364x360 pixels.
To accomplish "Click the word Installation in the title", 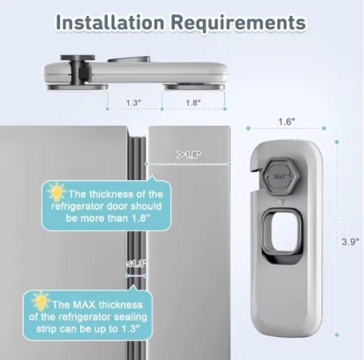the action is coord(110,22).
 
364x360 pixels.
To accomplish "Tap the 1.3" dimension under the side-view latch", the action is coord(133,102).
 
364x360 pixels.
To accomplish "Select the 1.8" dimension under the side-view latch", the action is coord(193,102).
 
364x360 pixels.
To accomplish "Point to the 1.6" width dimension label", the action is coord(287,121).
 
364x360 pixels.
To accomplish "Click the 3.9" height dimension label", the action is coord(350,242).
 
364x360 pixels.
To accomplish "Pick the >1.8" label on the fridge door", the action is coord(189,155).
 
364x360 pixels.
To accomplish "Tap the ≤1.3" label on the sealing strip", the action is coord(136,264).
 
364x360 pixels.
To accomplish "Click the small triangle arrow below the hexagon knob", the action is coord(281,202).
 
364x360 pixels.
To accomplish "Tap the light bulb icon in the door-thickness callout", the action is coord(56,192).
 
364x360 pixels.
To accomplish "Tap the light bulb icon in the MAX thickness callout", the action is coord(41,301).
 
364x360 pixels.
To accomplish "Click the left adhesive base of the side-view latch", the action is coord(77,87).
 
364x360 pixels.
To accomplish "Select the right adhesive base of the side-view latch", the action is coord(194,87).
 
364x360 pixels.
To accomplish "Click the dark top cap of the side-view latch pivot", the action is coord(78,58).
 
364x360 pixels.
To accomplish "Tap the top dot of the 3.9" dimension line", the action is coord(337,142).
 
